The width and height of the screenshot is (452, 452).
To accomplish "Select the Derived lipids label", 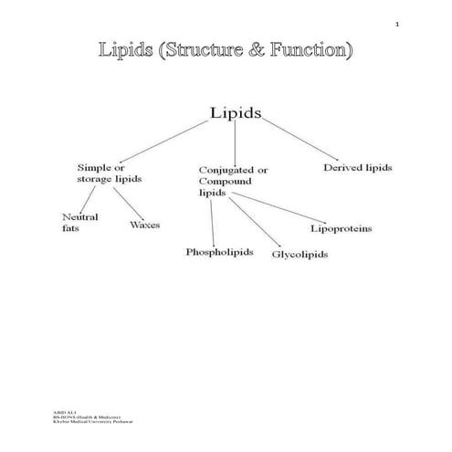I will tap(359, 168).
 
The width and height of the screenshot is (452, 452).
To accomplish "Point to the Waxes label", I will tap(145, 224).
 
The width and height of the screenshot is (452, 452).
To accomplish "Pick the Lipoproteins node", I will tap(341, 227).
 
